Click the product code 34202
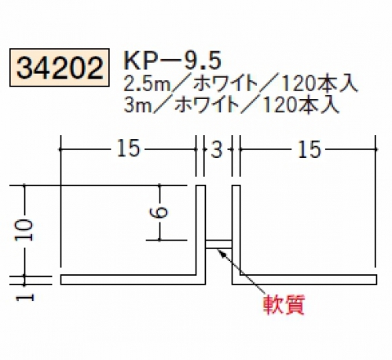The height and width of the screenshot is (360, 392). point(60,68)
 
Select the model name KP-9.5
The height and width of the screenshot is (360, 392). point(173,61)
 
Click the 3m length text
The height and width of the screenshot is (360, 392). point(137,105)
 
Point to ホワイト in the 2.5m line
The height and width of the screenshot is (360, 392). point(225,84)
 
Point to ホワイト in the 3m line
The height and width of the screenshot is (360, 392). point(207,105)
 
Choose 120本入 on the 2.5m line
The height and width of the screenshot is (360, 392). point(320,84)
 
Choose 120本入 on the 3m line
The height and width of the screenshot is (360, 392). point(301,105)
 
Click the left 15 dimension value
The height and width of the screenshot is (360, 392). point(128,149)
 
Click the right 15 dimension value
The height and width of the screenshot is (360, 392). point(309,149)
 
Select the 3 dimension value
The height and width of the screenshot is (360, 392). point(217,150)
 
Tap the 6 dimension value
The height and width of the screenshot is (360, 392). point(159,212)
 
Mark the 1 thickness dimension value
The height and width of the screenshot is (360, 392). point(25,297)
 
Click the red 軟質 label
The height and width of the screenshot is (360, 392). point(284,305)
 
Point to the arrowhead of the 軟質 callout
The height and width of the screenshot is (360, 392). point(219,251)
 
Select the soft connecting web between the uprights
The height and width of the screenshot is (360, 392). point(218,244)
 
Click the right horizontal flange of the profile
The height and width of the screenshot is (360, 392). point(309,280)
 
